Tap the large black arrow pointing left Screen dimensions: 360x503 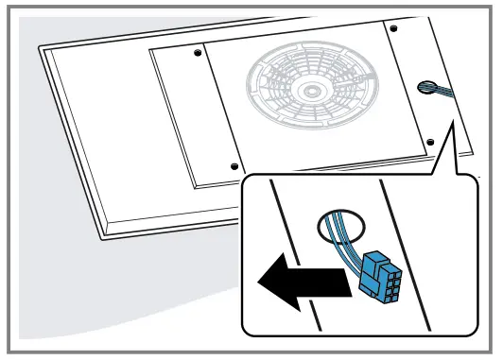coord(299,282)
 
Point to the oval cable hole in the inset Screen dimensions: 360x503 coord(339,227)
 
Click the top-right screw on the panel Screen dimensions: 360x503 coord(393,29)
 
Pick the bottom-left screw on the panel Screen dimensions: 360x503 coord(234,166)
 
